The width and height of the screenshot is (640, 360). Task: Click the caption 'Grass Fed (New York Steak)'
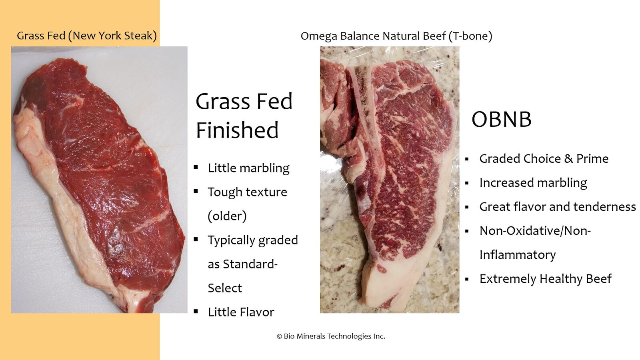(87, 36)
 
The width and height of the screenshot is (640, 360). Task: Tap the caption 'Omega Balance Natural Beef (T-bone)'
(396, 36)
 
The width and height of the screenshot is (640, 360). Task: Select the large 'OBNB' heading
(502, 119)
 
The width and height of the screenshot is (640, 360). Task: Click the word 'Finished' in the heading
(237, 130)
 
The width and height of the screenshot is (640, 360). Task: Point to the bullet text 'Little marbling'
(248, 168)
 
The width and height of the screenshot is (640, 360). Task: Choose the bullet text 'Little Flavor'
(241, 312)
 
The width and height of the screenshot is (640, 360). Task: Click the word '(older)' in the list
(227, 216)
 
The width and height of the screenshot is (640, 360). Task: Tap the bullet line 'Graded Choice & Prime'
(544, 158)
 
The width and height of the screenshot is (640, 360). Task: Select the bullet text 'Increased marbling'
(533, 183)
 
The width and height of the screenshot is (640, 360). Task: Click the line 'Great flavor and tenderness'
(558, 206)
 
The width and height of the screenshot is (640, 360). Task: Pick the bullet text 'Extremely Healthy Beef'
(546, 278)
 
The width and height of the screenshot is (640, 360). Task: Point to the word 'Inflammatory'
(518, 254)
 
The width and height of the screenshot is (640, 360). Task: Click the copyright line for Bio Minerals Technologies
(331, 336)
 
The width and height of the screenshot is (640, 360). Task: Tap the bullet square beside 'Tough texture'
(196, 191)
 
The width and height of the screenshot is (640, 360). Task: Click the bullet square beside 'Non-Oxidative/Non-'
(467, 231)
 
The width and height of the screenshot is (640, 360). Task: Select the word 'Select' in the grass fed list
(225, 288)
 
